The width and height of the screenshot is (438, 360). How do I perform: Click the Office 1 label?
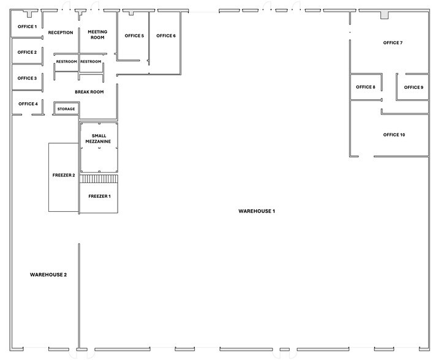click(27, 27)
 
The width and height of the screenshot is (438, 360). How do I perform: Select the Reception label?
click(61, 32)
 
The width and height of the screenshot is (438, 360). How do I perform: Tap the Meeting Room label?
click(97, 34)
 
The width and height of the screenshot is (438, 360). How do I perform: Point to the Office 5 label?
click(134, 36)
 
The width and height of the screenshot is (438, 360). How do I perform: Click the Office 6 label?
click(166, 36)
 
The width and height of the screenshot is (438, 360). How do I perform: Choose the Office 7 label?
click(393, 43)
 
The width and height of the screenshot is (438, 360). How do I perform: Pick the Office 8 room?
click(366, 87)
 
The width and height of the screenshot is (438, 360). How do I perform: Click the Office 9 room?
click(413, 87)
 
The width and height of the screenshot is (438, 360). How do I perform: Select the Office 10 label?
click(394, 135)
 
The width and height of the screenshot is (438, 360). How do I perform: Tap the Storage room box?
click(66, 109)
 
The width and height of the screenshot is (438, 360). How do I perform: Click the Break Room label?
click(89, 92)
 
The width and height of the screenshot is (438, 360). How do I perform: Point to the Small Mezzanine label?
click(99, 138)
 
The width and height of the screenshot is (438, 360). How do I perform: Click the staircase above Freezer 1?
click(99, 179)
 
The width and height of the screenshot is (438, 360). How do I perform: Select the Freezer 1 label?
click(99, 197)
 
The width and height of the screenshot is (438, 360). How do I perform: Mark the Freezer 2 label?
click(64, 175)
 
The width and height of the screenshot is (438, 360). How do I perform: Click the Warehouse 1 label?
click(257, 211)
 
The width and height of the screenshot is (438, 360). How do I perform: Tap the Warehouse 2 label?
click(48, 275)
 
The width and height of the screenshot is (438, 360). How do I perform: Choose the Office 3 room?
click(27, 78)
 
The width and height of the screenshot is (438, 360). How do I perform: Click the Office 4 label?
click(28, 104)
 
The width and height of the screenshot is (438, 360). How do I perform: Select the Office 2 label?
click(27, 53)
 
